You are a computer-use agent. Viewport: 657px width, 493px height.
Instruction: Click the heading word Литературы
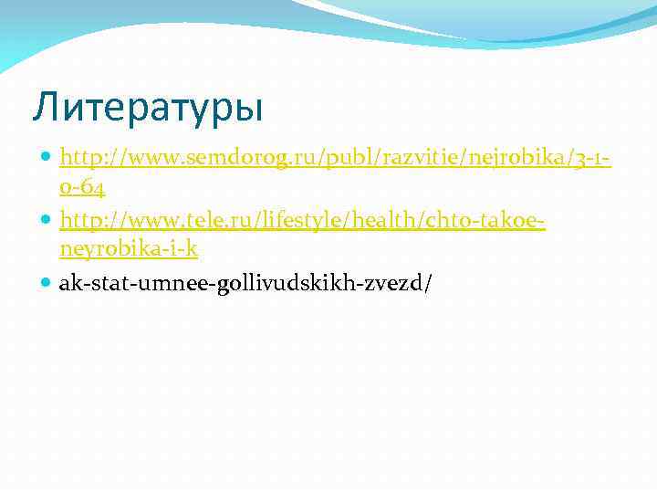coord(147,108)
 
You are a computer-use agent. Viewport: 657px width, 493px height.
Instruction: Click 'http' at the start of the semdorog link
coord(77,161)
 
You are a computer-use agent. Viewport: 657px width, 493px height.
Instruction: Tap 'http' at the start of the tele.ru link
coord(77,223)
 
